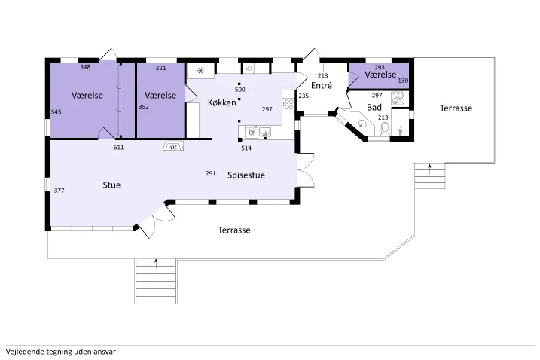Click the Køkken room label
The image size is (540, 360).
click(221, 102)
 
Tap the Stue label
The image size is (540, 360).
click(111, 185)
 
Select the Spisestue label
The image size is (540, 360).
click(246, 175)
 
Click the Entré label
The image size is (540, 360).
click(322, 86)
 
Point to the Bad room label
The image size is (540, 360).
click(374, 108)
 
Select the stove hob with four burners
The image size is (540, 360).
click(288, 105)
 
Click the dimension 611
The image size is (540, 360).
click(118, 148)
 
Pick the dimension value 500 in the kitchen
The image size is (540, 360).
click(239, 90)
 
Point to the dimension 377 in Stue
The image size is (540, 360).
click(59, 191)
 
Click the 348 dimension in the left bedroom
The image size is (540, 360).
click(85, 68)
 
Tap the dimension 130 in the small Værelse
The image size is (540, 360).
click(402, 81)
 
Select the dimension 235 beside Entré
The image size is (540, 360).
click(304, 96)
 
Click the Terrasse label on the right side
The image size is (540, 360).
click(455, 108)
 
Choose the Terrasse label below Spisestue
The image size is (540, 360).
click(234, 230)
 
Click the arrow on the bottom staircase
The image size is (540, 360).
click(156, 263)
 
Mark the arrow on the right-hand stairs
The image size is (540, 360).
click(429, 168)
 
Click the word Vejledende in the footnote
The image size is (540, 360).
click(23, 351)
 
